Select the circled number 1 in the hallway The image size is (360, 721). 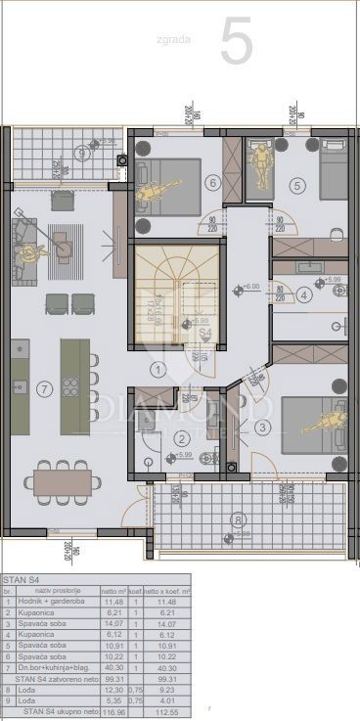click(157, 369)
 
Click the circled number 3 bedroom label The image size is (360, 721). click(262, 427)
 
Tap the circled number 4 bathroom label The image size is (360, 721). click(304, 294)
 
